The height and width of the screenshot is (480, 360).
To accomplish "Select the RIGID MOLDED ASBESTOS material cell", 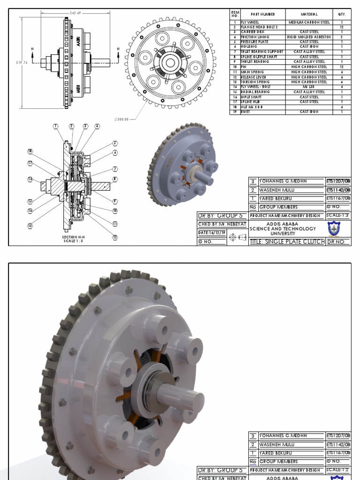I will click(309, 37).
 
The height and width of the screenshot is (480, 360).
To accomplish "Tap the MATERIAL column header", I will click(309, 15).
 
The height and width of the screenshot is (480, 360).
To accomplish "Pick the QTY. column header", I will click(342, 15).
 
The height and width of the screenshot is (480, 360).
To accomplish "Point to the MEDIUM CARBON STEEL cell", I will click(309, 22).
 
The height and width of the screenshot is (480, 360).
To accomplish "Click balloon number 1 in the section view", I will click(55, 127).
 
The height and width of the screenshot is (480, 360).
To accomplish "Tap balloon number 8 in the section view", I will click(115, 179).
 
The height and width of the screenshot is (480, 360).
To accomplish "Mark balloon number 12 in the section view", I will click(115, 237).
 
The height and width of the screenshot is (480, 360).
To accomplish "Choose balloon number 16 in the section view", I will click(30, 179).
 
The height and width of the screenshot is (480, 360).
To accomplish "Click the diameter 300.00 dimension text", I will click(121, 120).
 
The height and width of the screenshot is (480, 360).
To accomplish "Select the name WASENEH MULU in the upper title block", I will click(277, 190).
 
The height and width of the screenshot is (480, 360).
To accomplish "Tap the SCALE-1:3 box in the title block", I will click(338, 215).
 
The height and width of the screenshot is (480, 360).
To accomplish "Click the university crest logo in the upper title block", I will click(334, 229).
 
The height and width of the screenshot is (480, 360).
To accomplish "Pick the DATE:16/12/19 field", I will click(212, 232).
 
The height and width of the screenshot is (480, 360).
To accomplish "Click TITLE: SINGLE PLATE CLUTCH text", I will click(287, 241).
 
